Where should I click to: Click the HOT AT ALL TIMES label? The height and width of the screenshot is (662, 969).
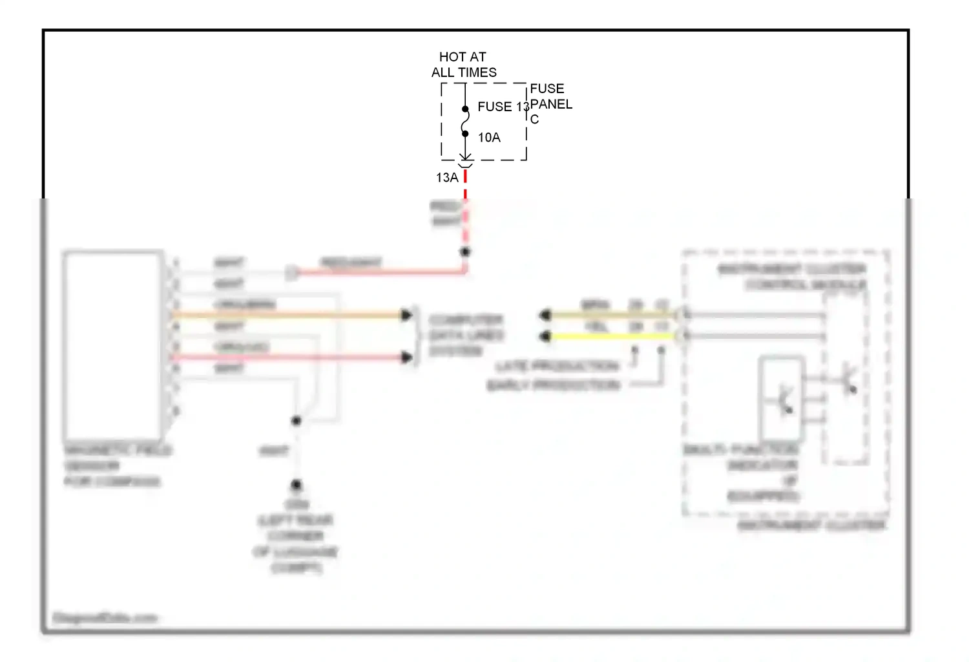pyautogui.click(x=463, y=65)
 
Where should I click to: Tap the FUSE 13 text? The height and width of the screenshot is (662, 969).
pyautogui.click(x=503, y=107)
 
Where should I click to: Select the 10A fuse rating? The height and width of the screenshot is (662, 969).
pyautogui.click(x=489, y=138)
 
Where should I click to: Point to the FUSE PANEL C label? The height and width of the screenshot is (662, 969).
pyautogui.click(x=550, y=103)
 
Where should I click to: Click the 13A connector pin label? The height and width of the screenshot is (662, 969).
pyautogui.click(x=446, y=178)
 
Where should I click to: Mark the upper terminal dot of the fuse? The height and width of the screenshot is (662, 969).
pyautogui.click(x=465, y=109)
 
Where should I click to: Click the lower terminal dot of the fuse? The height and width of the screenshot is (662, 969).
pyautogui.click(x=465, y=134)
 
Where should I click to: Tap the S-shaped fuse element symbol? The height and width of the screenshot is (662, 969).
pyautogui.click(x=465, y=122)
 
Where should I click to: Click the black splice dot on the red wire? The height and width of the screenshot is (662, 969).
pyautogui.click(x=465, y=251)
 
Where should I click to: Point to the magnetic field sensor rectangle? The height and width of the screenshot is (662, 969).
pyautogui.click(x=113, y=345)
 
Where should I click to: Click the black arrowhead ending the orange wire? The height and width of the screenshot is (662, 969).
pyautogui.click(x=406, y=315)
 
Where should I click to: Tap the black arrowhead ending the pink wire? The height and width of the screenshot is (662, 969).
pyautogui.click(x=406, y=357)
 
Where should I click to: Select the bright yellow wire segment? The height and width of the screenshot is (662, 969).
pyautogui.click(x=614, y=336)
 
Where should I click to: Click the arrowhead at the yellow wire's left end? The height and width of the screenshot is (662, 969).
pyautogui.click(x=545, y=336)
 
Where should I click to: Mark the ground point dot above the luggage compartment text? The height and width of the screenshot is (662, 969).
pyautogui.click(x=296, y=484)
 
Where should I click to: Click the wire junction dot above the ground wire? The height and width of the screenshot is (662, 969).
pyautogui.click(x=296, y=421)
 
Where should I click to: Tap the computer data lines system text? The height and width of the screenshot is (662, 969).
pyautogui.click(x=466, y=336)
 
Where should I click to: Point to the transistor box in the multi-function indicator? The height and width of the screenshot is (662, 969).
pyautogui.click(x=782, y=398)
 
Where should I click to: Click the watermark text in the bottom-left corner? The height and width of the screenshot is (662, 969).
pyautogui.click(x=105, y=618)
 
